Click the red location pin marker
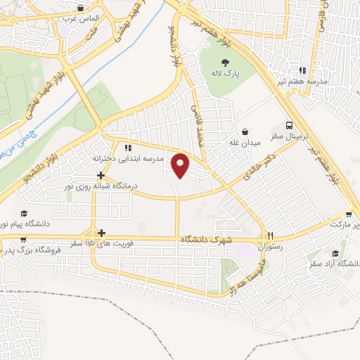pyautogui.click(x=181, y=165)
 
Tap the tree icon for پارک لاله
pyautogui.click(x=224, y=61)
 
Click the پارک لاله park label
pyautogui.click(x=224, y=73)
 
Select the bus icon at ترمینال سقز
pyautogui.click(x=290, y=122)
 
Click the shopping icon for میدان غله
pyautogui.click(x=245, y=131)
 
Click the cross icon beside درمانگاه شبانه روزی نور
pyautogui.click(x=101, y=175)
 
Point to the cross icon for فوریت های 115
pyautogui.click(x=102, y=233)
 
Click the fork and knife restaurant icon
pyautogui.click(x=270, y=236)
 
